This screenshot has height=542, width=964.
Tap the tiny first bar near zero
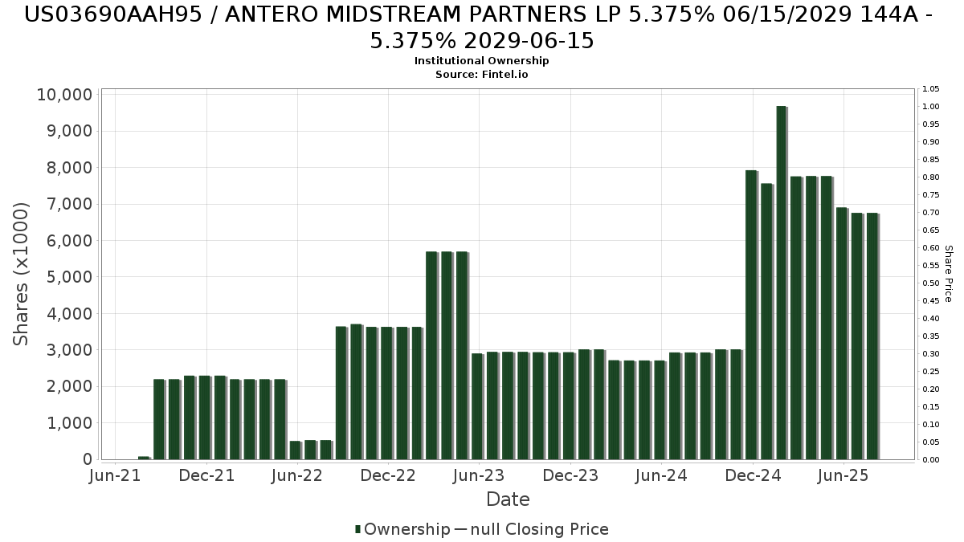coord(144,458)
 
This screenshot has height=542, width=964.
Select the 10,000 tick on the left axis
coord(64,95)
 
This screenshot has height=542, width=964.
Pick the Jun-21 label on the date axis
coord(116,475)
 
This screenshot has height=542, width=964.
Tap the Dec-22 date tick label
coord(388,475)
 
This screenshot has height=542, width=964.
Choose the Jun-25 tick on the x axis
coord(843,475)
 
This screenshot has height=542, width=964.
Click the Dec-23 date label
coord(570,475)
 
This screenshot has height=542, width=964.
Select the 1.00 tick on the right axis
coord(931,107)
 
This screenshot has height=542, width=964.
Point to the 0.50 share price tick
coord(931,283)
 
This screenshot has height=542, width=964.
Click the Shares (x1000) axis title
coord(22,274)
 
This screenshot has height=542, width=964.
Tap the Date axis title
coord(508,499)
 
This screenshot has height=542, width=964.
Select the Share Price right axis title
coord(948,274)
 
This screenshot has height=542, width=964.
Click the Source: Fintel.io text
coord(482,74)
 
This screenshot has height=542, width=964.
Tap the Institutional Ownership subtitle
coord(482,61)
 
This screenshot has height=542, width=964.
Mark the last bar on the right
coord(872,336)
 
